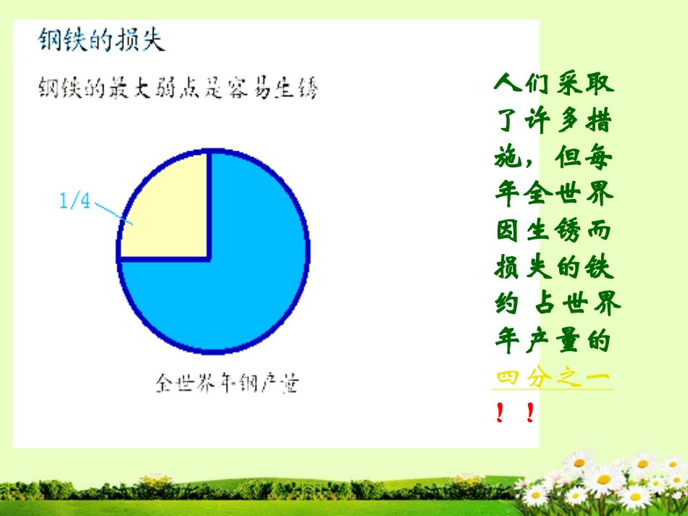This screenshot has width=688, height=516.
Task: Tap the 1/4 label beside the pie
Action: tap(75, 201)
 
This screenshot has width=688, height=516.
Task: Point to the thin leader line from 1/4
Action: tap(112, 213)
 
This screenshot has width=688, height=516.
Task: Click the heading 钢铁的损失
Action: tap(101, 39)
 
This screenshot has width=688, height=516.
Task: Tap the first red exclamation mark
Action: tap(500, 414)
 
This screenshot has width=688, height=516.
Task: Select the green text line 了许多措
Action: tap(553, 120)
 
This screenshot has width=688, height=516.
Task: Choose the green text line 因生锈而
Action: tap(553, 231)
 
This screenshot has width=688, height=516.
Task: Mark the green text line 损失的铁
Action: tap(553, 268)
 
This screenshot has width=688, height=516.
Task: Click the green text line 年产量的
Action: tap(553, 341)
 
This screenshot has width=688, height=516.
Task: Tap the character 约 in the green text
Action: tap(506, 305)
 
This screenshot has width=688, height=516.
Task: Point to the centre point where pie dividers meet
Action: tap(210, 258)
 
